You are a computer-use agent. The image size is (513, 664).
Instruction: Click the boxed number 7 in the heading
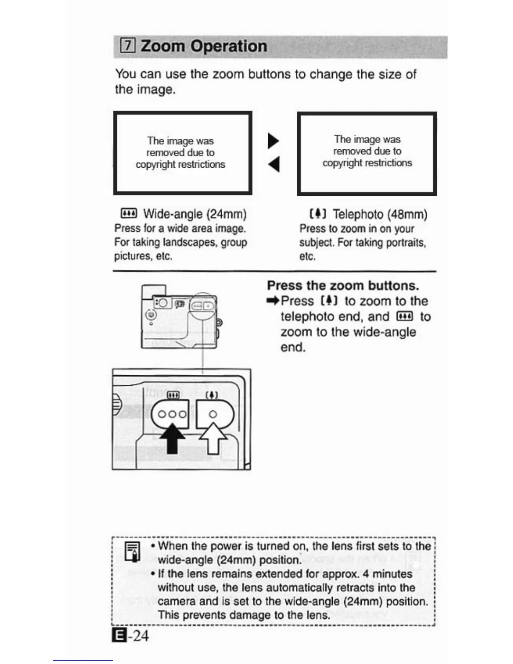pyautogui.click(x=128, y=46)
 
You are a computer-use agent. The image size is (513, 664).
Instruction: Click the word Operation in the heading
pyautogui.click(x=228, y=46)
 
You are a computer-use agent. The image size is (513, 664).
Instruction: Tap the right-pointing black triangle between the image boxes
pyautogui.click(x=273, y=140)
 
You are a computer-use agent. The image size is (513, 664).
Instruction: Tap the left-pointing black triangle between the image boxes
pyautogui.click(x=273, y=164)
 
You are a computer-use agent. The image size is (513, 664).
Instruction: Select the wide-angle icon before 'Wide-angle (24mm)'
pyautogui.click(x=128, y=214)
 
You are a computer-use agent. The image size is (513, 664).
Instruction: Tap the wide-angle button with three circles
pyautogui.click(x=171, y=414)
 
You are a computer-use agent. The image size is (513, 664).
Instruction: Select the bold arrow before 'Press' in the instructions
pyautogui.click(x=273, y=301)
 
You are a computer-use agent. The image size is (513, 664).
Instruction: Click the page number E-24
pyautogui.click(x=131, y=635)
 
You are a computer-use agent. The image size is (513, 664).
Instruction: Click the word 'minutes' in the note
pyautogui.click(x=392, y=573)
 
